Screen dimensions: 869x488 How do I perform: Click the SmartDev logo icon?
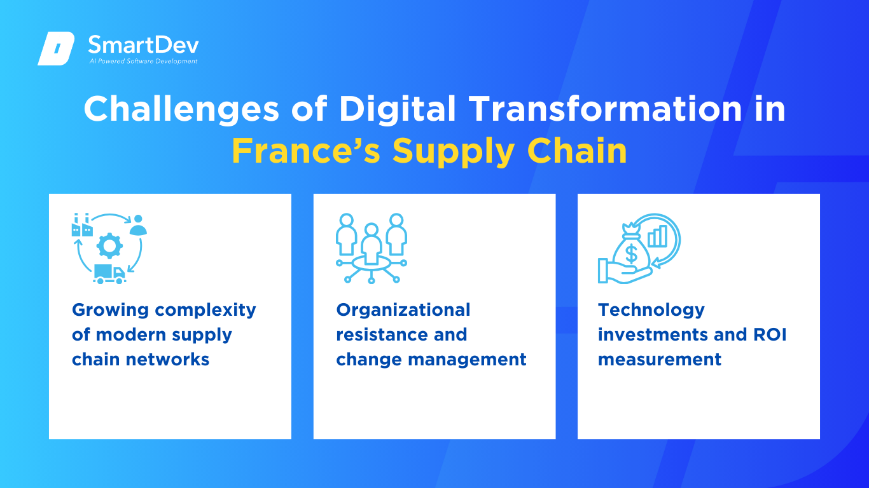56,48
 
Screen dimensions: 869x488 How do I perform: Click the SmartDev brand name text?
144,45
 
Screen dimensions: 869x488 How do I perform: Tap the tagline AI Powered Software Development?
143,61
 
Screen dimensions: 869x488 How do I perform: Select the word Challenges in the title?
181,110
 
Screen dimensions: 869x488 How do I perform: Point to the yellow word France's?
306,151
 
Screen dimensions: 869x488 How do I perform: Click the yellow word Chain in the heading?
577,151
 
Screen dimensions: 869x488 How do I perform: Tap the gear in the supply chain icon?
110,246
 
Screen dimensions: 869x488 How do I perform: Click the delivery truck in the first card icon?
109,274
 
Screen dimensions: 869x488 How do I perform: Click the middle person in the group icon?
372,243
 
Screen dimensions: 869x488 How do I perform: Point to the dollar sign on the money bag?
632,254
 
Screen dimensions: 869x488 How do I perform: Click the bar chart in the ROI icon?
658,236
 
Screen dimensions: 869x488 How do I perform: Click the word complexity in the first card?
205,311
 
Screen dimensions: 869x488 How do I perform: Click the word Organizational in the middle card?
403,311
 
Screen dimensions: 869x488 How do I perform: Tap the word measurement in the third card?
660,360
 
